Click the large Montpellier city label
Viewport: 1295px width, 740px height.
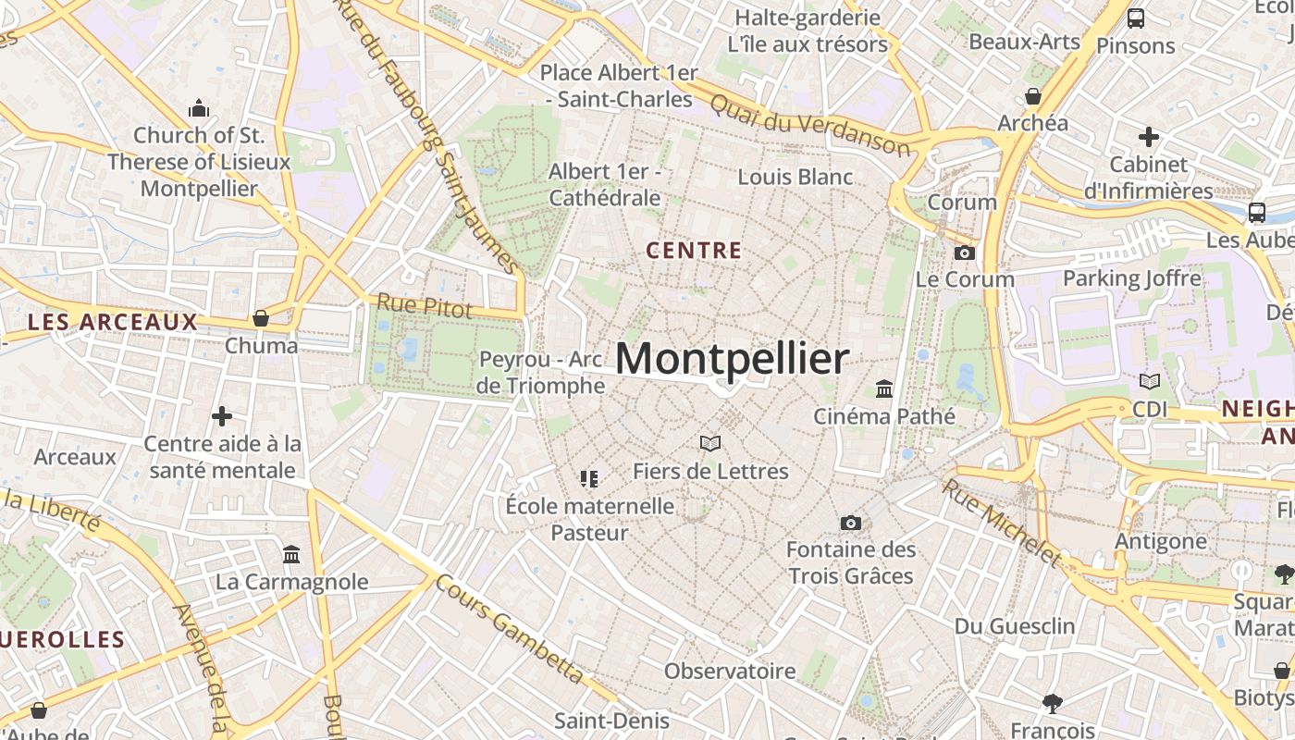click(731, 359)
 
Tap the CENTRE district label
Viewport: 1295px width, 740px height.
click(694, 251)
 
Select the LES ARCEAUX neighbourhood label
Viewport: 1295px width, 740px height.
click(113, 323)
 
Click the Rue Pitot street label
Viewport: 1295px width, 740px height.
click(425, 306)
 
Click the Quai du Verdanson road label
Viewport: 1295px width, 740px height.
click(810, 124)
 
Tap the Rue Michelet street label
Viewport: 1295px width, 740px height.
click(1002, 522)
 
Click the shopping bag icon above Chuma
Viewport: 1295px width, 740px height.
click(261, 319)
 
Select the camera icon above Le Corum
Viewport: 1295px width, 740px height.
click(964, 253)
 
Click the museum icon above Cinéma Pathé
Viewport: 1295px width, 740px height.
click(884, 389)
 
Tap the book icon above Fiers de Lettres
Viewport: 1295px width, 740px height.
click(710, 444)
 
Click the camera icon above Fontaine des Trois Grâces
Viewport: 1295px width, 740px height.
click(851, 523)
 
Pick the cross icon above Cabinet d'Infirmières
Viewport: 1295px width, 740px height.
click(1149, 137)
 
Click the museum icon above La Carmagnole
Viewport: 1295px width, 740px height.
click(292, 555)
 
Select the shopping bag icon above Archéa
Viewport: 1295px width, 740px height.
click(1033, 96)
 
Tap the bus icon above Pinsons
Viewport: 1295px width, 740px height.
click(1136, 18)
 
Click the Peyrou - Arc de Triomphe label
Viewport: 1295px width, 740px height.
click(541, 373)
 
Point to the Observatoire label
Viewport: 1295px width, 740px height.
click(730, 671)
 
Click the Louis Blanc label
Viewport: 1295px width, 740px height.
click(795, 177)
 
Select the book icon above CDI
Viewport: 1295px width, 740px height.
click(1150, 381)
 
